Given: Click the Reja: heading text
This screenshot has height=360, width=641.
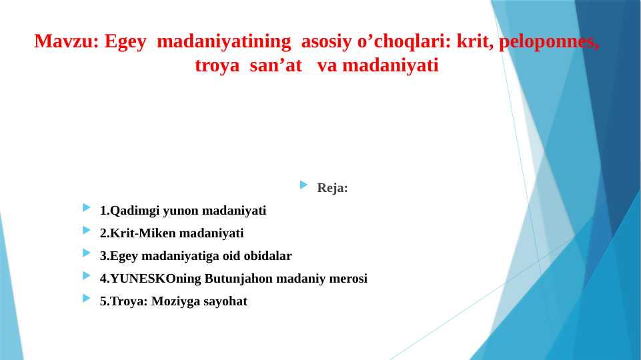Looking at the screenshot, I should [x=333, y=188].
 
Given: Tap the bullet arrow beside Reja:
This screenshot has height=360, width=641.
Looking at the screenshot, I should [x=304, y=185].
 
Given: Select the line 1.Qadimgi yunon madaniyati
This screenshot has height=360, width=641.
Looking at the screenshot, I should [x=183, y=211].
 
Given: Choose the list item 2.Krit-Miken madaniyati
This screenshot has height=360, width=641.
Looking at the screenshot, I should [x=171, y=233].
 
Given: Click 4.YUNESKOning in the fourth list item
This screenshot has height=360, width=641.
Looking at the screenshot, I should [x=151, y=279].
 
